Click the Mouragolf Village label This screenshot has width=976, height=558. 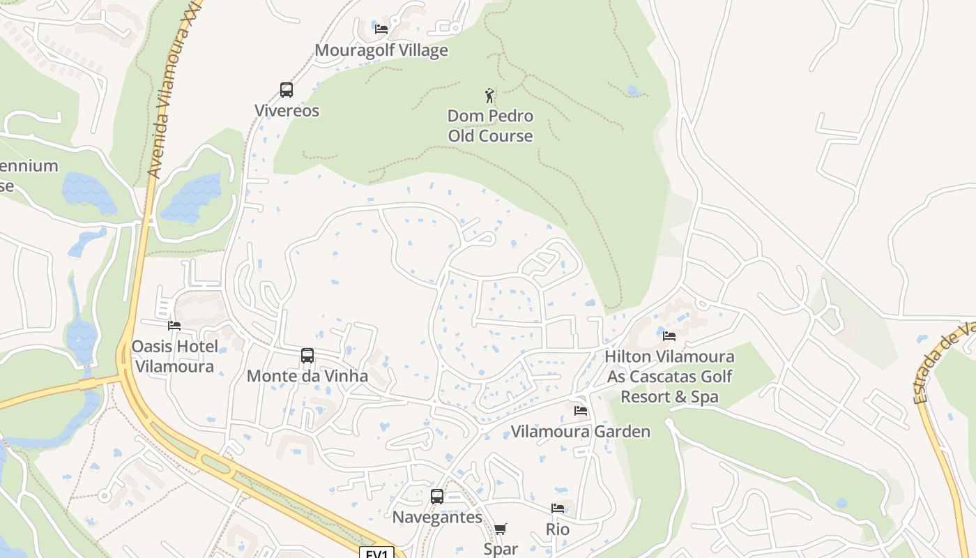coord(381,50)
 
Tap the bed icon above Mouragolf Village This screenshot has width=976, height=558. coord(381,29)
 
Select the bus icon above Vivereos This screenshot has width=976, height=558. coord(287,89)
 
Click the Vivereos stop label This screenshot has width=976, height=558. coord(287,110)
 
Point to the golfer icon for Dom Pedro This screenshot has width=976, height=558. coord(490,96)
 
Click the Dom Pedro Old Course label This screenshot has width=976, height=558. coord(490,126)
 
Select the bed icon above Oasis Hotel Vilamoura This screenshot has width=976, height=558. coord(174,325)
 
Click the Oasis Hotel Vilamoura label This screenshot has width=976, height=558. coord(174,356)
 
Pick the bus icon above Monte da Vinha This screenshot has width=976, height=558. coord(307,355)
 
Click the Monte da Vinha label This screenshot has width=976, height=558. coord(307,376)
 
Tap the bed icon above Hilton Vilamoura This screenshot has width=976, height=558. coord(669,335)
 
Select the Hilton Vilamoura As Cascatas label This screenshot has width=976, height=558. coord(669,377)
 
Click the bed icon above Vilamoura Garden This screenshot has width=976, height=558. coord(581,410)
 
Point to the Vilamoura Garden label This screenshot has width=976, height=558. coord(581,431)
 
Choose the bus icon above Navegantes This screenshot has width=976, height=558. coord(437,497)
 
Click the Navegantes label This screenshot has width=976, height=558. coord(437,517)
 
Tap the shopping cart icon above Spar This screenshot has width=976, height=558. coord(501,529)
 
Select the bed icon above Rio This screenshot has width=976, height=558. coord(558,508)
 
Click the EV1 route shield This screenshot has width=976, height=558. coord(377,553)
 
